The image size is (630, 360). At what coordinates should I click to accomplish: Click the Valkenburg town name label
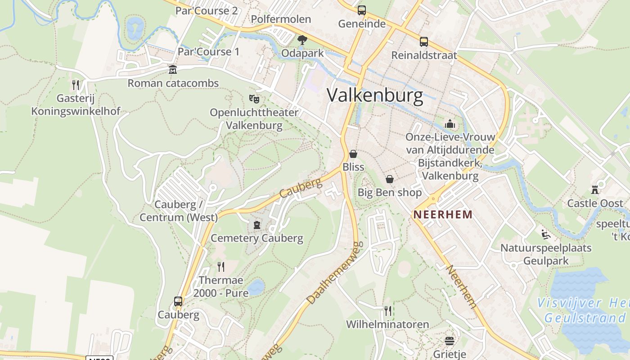[375, 96]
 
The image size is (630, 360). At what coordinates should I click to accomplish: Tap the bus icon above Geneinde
[362, 10]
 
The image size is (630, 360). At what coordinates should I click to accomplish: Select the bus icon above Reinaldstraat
[424, 42]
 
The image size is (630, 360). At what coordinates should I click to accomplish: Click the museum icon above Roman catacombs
[173, 70]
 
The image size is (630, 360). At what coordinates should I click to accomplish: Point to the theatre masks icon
[254, 98]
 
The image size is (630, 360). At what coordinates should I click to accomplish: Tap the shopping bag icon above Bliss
[353, 154]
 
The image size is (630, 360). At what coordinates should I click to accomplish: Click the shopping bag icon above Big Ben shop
[390, 179]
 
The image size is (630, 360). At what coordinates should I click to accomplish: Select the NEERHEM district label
[443, 215]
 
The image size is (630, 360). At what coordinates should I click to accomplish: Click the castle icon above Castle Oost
[595, 190]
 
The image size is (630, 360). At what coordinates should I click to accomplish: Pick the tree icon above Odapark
[302, 40]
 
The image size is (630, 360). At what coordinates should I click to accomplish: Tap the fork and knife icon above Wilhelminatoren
[388, 310]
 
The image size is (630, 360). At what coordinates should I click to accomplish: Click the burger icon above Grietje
[450, 341]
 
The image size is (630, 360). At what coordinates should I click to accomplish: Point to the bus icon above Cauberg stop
[178, 301]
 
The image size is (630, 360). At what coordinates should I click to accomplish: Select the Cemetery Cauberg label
[257, 238]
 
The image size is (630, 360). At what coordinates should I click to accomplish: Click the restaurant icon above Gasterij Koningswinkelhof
[76, 85]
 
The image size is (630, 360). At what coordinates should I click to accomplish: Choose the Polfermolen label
[281, 19]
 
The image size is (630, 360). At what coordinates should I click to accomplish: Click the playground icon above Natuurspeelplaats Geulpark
[546, 234]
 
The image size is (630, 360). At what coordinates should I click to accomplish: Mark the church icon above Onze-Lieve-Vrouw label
[450, 124]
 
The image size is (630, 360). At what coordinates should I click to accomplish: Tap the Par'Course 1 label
[208, 52]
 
